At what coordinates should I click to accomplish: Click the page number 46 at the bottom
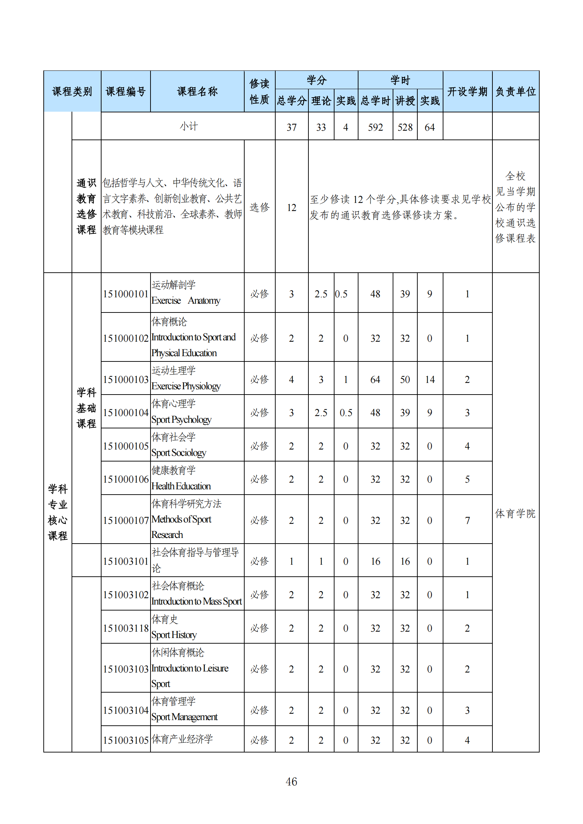pyautogui.click(x=291, y=781)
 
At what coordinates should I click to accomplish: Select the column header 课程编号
pyautogui.click(x=125, y=92)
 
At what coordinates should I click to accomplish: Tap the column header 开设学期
pyautogui.click(x=467, y=92)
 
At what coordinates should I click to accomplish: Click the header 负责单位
pyautogui.click(x=515, y=92)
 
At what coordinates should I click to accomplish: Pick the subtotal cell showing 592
pyautogui.click(x=375, y=128)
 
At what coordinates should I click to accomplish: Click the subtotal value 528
pyautogui.click(x=405, y=128)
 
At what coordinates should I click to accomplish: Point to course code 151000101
pyautogui.click(x=125, y=294)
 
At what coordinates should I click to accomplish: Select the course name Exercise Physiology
pyautogui.click(x=186, y=386)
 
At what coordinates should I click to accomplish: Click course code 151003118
pyautogui.click(x=125, y=628)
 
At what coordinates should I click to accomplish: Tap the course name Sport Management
pyautogui.click(x=184, y=717)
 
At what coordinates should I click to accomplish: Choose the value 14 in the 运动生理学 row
pyautogui.click(x=430, y=380)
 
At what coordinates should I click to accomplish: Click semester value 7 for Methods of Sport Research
pyautogui.click(x=467, y=520)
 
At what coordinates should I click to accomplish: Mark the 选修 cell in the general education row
pyautogui.click(x=259, y=207)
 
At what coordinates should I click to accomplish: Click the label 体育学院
pyautogui.click(x=515, y=514)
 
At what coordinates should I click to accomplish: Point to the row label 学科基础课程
pyautogui.click(x=86, y=408)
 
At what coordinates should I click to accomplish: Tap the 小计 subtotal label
pyautogui.click(x=189, y=126)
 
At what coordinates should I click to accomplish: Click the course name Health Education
pyautogui.click(x=181, y=486)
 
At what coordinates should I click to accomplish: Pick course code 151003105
pyautogui.click(x=125, y=740)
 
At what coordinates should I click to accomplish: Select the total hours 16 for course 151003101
pyautogui.click(x=375, y=561)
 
